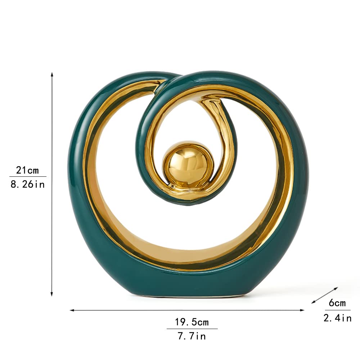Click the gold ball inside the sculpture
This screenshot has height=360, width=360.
pyautogui.click(x=188, y=164)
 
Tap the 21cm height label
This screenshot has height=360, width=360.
pyautogui.click(x=28, y=170)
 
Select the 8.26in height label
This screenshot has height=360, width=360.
pyautogui.click(x=28, y=184)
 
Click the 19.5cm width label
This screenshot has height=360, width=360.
pyautogui.click(x=192, y=322)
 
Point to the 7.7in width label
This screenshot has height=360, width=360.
pyautogui.click(x=192, y=336)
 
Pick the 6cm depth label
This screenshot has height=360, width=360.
pyautogui.click(x=337, y=303)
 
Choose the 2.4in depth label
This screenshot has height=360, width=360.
pyautogui.click(x=338, y=318)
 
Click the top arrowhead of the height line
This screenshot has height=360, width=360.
pyautogui.click(x=52, y=74)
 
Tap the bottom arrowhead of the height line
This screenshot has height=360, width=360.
pyautogui.click(x=51, y=294)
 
